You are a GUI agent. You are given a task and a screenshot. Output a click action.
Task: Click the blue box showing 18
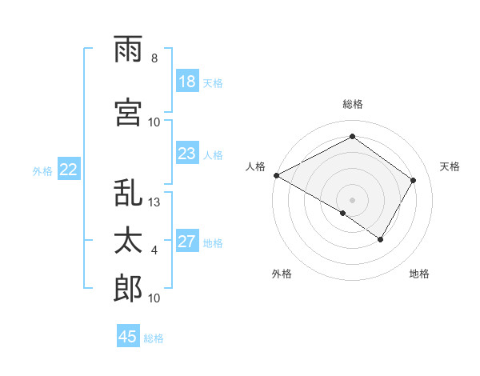(x=187, y=82)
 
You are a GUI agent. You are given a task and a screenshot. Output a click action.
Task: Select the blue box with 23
(x=187, y=154)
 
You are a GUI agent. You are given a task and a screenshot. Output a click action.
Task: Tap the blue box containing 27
(x=187, y=242)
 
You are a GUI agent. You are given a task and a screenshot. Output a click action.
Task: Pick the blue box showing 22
(x=69, y=170)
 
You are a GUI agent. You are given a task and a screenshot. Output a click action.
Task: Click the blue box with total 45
(x=128, y=337)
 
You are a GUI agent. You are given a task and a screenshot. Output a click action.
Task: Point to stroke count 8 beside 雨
(x=154, y=58)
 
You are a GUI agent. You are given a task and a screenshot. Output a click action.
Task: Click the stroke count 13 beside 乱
(x=154, y=202)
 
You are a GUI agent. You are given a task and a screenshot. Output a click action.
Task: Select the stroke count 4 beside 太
(x=154, y=250)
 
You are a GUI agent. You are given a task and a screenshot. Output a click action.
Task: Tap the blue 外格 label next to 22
(x=42, y=170)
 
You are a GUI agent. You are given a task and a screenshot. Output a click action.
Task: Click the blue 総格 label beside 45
(x=154, y=338)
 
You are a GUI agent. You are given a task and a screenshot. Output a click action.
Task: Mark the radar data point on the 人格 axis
(x=275, y=175)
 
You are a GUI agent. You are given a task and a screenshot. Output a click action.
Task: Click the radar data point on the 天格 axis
(x=414, y=180)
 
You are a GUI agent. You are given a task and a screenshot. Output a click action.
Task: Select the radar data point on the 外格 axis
(x=343, y=213)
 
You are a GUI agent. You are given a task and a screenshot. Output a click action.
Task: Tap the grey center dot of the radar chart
(x=352, y=199)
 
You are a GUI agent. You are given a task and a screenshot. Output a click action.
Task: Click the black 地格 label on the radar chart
(x=419, y=274)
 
